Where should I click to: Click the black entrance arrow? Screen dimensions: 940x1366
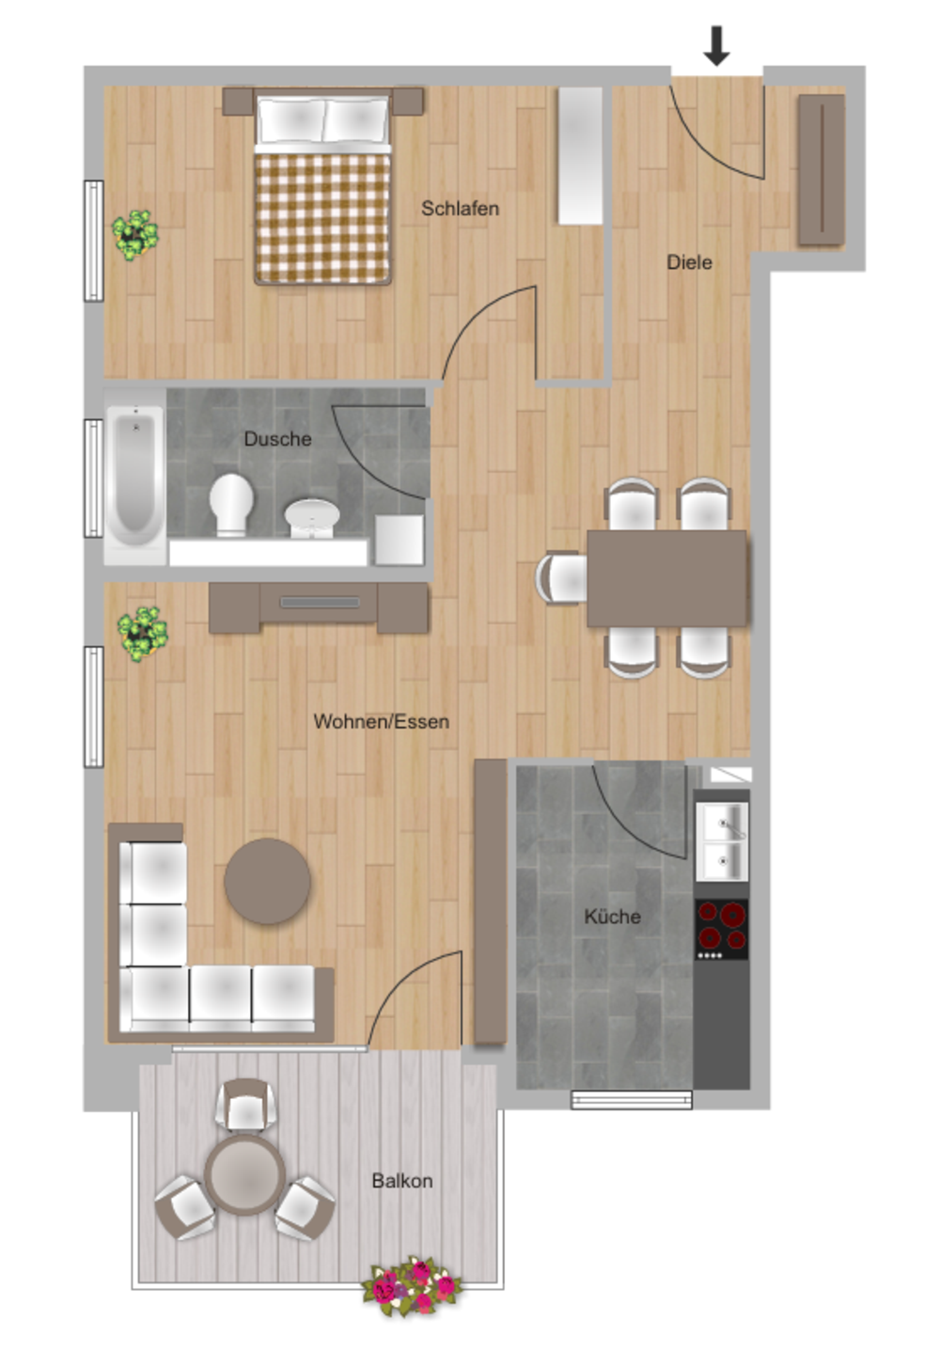click(715, 46)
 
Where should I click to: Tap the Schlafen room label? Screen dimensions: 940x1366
click(460, 209)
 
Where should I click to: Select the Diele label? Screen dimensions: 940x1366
click(689, 262)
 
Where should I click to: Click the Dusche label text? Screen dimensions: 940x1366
click(277, 439)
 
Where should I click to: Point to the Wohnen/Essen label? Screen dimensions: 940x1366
click(381, 721)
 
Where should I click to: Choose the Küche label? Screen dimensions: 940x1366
click(612, 916)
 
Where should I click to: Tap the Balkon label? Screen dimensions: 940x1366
click(401, 1181)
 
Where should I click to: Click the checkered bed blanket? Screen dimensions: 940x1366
click(322, 219)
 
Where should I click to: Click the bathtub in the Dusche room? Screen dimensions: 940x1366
click(134, 477)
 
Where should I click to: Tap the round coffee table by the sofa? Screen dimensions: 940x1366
click(267, 881)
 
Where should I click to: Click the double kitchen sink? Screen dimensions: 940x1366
click(722, 841)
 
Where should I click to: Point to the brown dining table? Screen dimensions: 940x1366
click(666, 578)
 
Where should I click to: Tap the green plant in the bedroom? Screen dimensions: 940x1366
click(134, 235)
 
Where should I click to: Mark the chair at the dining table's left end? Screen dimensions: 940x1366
click(561, 578)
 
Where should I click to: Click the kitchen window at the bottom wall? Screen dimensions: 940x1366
click(631, 1100)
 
